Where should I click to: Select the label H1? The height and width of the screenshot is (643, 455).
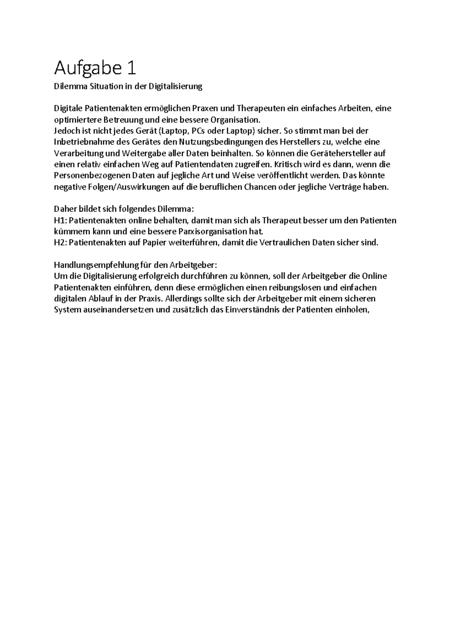tap(60, 220)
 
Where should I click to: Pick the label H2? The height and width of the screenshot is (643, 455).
tap(60, 243)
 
